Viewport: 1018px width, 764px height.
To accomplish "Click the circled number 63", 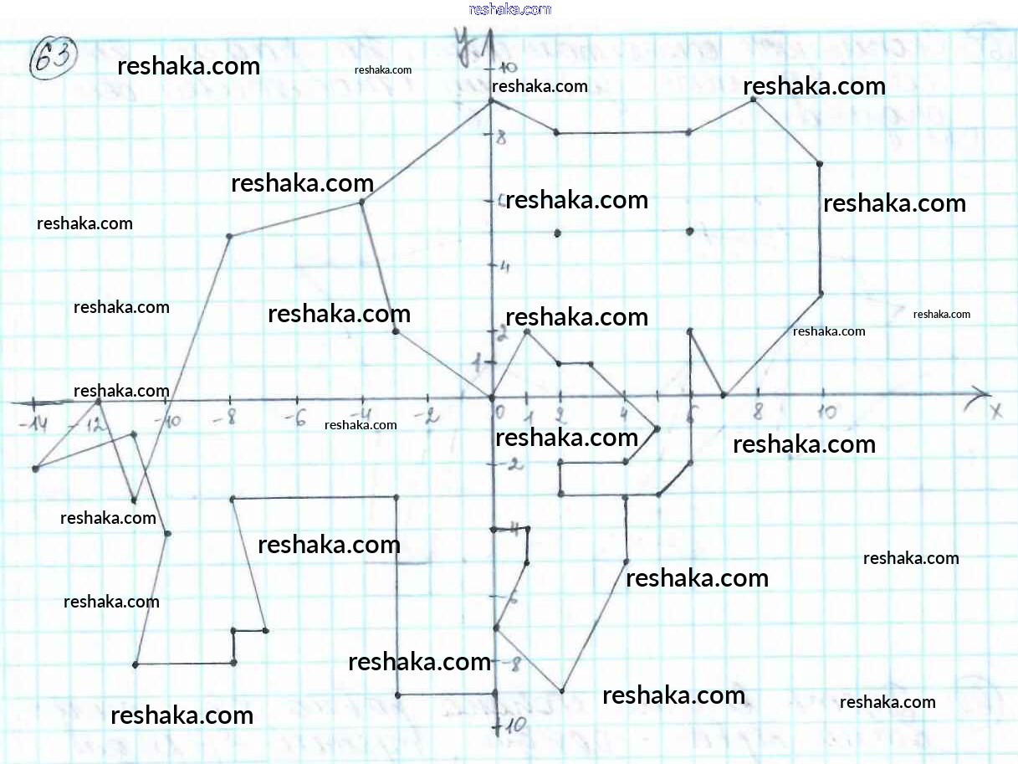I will pos(53,60).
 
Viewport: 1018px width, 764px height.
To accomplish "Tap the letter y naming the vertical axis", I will pos(461,38).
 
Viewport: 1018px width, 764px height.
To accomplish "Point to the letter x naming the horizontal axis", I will pos(995,411).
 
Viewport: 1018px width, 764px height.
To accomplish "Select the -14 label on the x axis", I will pos(33,425).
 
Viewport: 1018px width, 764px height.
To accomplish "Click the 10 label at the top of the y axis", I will pos(507,68).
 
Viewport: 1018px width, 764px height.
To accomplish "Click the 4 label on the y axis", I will pos(504,267).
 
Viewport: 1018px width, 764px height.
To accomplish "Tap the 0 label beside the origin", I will pos(500,412).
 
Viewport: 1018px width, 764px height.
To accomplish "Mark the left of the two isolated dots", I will pos(558,233).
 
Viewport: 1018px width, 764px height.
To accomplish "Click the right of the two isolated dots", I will pos(690,231).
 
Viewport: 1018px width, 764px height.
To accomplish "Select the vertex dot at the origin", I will pos(492,397).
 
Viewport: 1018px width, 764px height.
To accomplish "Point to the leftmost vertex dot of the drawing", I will pos(35,469).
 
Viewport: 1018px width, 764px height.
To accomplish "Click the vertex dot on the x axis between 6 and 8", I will pos(724,395).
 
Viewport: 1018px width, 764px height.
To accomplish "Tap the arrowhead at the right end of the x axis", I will pos(980,396).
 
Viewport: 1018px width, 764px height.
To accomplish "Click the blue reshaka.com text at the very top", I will pos(510,9).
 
